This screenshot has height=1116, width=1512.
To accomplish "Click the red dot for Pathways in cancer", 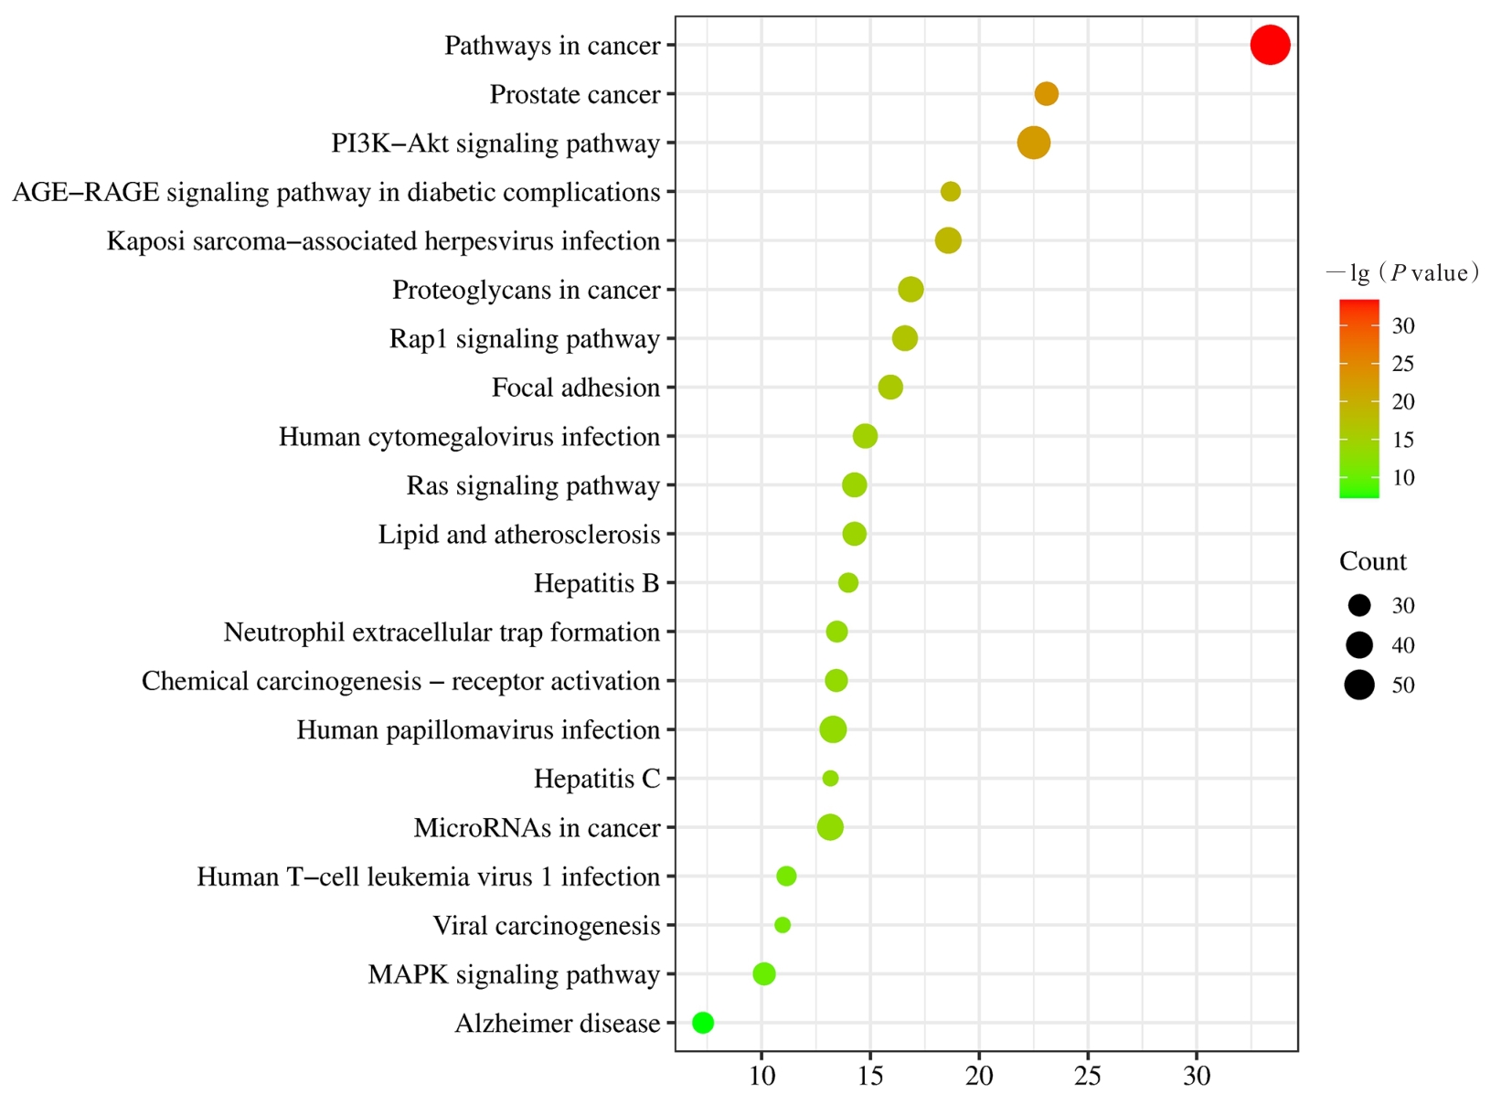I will coord(1270,45).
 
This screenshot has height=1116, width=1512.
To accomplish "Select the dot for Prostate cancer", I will coord(1046,93).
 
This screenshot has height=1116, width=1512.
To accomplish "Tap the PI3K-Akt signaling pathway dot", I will coord(1033,143).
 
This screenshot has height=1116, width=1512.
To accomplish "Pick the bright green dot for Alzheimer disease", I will coord(702,1023).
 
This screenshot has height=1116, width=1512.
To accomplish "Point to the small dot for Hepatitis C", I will coord(830,779).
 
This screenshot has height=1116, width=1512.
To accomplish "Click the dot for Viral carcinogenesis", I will coord(783,925).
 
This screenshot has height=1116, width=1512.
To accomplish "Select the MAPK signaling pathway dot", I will coord(764,974).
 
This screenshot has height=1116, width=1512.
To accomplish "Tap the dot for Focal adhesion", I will coord(890,388).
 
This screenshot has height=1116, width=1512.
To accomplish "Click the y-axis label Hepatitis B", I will coord(596,583).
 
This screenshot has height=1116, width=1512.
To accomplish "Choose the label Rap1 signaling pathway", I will coord(524,339).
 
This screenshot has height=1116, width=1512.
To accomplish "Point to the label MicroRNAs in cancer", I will coord(537,828).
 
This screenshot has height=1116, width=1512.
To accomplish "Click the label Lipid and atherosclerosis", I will coord(518,535).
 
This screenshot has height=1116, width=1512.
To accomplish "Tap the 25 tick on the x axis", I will coord(1088,1077).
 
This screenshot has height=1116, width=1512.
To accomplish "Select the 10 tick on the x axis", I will coord(761,1077).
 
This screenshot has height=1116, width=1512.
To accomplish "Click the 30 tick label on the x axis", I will coord(1197,1077).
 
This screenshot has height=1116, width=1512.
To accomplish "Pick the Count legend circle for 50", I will coord(1359,685).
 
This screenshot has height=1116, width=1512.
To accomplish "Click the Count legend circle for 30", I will coord(1359,605).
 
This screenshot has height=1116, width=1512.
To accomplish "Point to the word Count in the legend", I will coord(1372,561).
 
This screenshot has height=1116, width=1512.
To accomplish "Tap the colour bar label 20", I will coord(1403,401).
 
